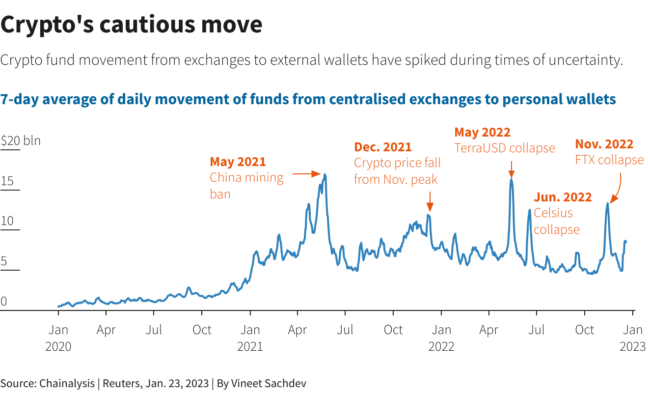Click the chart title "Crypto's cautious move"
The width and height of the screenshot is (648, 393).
click(x=132, y=25)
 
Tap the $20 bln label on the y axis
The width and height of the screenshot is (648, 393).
click(x=21, y=141)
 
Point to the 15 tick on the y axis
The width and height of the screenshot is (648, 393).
click(x=7, y=181)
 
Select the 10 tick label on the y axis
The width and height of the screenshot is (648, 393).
click(x=7, y=221)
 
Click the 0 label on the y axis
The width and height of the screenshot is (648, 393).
click(x=4, y=301)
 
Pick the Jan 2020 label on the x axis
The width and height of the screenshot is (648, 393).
click(x=58, y=337)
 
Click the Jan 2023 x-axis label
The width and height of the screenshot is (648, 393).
click(x=633, y=337)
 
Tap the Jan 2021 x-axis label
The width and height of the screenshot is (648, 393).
click(x=250, y=337)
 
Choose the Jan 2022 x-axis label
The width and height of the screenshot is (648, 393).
click(x=441, y=337)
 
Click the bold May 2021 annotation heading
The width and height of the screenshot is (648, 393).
click(x=238, y=162)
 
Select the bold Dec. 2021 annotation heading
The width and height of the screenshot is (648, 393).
click(x=383, y=147)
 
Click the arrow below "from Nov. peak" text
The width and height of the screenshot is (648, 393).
click(x=430, y=201)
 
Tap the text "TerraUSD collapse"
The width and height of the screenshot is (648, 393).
click(x=505, y=148)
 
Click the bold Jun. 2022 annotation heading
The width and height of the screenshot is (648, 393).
click(x=563, y=197)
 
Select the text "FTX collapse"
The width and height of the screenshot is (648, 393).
click(x=609, y=160)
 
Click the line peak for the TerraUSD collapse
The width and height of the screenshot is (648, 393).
click(x=511, y=179)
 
